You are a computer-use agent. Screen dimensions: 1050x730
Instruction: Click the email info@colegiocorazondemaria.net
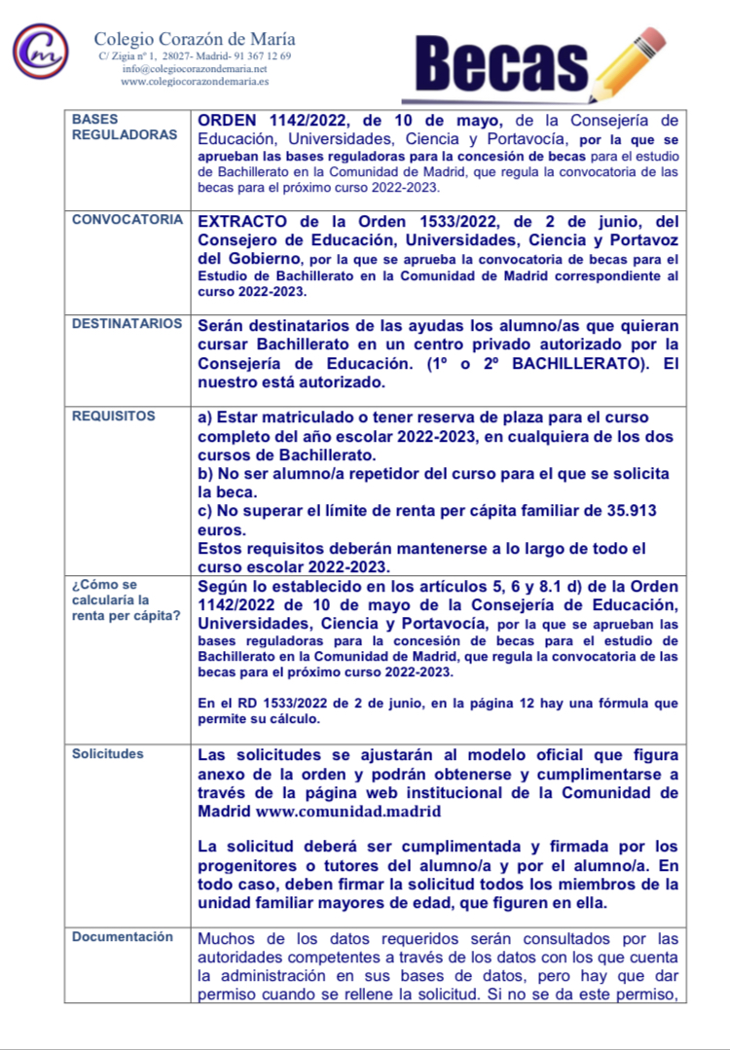point(195,69)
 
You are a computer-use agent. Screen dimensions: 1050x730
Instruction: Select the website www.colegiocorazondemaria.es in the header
point(195,82)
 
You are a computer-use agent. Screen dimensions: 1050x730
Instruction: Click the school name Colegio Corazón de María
point(195,39)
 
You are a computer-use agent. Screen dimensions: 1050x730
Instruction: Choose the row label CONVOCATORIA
point(127,219)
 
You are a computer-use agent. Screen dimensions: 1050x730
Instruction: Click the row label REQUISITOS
point(114,416)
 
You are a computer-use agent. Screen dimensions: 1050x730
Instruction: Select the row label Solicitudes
point(108,754)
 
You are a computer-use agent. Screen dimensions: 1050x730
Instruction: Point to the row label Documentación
point(123,937)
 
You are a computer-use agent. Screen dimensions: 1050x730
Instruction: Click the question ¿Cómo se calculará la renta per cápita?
point(126,600)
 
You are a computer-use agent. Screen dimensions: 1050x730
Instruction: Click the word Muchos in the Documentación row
point(225,939)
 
